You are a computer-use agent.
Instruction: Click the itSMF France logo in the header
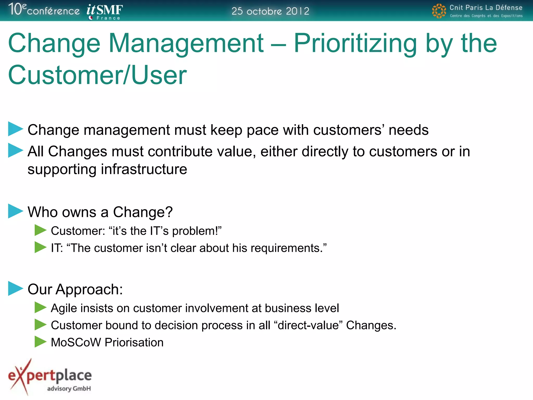105,11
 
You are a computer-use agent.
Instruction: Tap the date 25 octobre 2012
270,11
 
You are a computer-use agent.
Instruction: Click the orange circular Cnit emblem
439,11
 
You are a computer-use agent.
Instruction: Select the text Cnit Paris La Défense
486,8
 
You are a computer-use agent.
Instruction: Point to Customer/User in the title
97,75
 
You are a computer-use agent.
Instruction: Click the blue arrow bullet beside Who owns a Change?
15,211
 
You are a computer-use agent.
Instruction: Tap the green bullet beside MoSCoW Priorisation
40,342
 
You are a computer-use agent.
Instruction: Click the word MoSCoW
76,342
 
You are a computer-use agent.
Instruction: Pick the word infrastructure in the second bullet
144,169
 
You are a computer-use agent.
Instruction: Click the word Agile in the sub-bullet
64,308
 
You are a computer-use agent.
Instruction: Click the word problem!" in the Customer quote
196,231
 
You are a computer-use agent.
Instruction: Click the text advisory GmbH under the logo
69,389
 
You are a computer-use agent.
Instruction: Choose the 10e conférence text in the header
44,10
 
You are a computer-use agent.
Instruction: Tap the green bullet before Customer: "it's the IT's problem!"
40,230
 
